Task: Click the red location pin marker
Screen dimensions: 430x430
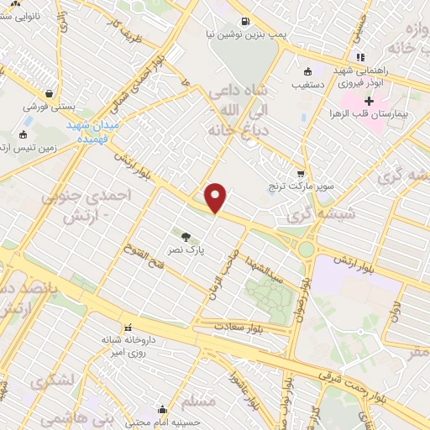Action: (x=216, y=197)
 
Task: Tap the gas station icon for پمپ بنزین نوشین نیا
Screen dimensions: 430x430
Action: (x=244, y=22)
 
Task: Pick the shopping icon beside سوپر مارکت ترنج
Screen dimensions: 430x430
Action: (x=301, y=172)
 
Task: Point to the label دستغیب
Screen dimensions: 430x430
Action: (x=308, y=85)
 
